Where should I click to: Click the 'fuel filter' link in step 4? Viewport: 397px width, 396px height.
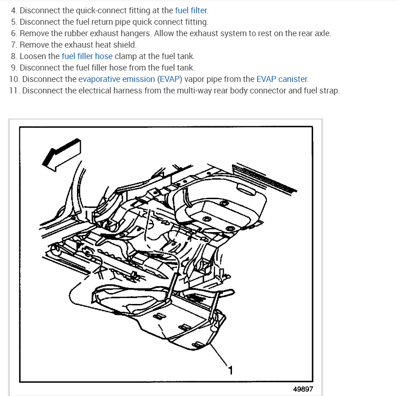click(x=191, y=11)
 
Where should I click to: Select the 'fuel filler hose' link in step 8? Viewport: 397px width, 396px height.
click(x=87, y=56)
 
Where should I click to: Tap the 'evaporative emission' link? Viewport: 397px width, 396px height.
click(x=117, y=79)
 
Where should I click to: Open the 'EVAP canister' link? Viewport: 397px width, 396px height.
click(x=282, y=79)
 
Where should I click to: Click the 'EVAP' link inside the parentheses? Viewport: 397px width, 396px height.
click(x=170, y=79)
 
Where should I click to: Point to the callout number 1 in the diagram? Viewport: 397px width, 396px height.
click(x=230, y=370)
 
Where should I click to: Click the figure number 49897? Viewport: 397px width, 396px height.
click(x=303, y=389)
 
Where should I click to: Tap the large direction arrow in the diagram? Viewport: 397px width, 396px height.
click(x=61, y=155)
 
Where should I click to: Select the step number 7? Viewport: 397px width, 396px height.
click(x=14, y=45)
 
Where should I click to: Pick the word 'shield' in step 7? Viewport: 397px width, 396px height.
click(x=124, y=45)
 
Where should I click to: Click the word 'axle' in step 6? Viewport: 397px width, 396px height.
click(x=322, y=33)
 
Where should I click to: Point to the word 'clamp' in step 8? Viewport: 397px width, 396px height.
click(x=126, y=56)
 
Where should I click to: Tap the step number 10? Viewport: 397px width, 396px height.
click(x=14, y=79)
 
